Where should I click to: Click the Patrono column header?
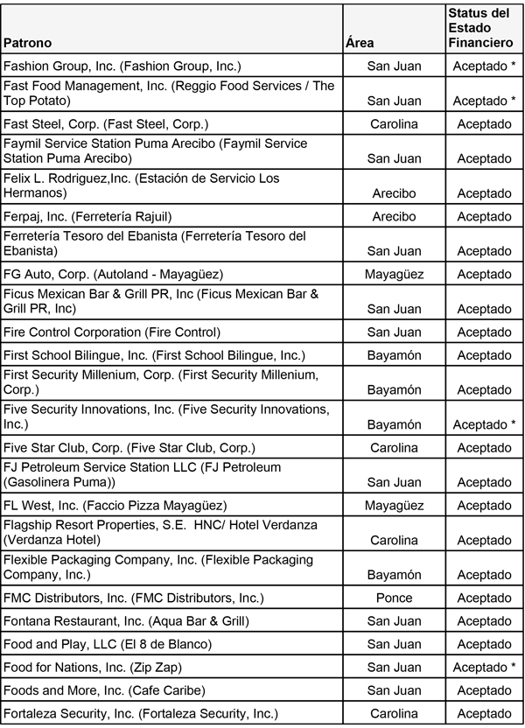(x=28, y=43)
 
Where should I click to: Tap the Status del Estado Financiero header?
(x=479, y=28)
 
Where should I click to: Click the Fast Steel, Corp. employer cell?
(x=106, y=124)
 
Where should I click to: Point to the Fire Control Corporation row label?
(x=112, y=332)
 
